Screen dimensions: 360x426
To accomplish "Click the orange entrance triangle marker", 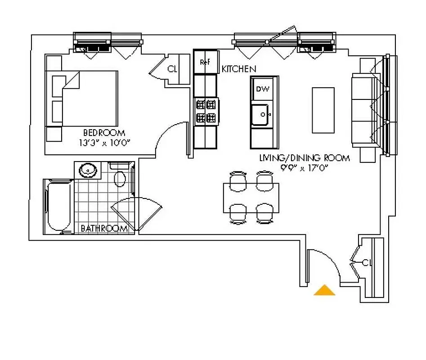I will (x=324, y=291).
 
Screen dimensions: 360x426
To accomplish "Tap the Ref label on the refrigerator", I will (x=205, y=63).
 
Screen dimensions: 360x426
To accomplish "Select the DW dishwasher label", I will (x=262, y=89).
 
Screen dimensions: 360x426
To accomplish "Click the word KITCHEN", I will (x=239, y=69).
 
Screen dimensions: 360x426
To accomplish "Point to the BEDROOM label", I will (x=104, y=133).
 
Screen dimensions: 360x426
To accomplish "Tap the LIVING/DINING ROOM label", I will (x=304, y=158).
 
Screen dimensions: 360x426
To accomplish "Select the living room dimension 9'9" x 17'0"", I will (x=304, y=167).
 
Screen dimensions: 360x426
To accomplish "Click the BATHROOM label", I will (x=104, y=229).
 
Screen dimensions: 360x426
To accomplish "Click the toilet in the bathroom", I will (x=120, y=176).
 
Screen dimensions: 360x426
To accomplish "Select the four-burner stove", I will (x=206, y=112).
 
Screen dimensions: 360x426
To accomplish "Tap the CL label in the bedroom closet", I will (x=172, y=69).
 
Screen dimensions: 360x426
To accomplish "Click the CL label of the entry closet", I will (x=367, y=262).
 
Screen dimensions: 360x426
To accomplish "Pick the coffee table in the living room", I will (x=323, y=110).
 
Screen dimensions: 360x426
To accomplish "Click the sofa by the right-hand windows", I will (x=363, y=110).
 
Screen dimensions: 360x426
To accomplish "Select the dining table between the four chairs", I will (x=251, y=198).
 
